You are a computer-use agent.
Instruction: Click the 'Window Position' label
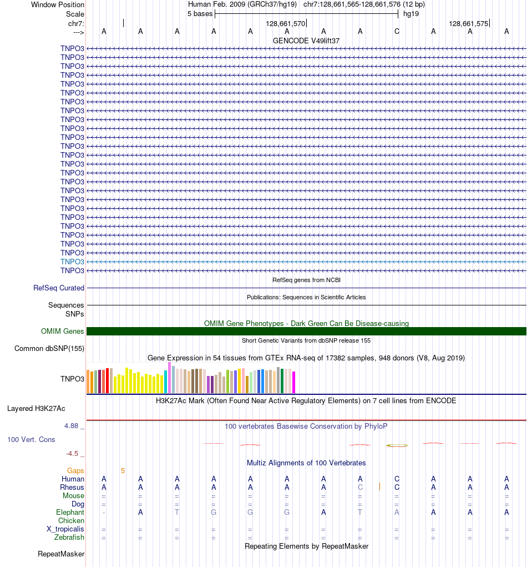(58, 4)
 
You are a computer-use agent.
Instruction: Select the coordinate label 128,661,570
(286, 24)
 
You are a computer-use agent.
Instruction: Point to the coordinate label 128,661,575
(469, 24)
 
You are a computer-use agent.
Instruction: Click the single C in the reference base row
(397, 31)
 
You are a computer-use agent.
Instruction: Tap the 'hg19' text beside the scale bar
(411, 14)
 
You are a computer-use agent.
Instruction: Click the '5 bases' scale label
(200, 14)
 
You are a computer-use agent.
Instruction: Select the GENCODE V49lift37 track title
(306, 41)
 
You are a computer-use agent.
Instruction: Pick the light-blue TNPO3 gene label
(73, 262)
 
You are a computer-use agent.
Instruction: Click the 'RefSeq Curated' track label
(59, 288)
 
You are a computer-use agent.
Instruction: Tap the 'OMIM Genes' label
(63, 332)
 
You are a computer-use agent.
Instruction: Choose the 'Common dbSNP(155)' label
(49, 349)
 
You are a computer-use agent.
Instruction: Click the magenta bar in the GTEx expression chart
(294, 382)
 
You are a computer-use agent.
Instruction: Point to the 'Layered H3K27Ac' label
(36, 409)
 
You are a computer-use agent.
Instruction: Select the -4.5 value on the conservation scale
(73, 453)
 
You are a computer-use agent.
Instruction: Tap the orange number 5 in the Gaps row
(123, 471)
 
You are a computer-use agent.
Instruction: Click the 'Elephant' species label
(70, 513)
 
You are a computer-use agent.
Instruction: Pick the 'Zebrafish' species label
(69, 538)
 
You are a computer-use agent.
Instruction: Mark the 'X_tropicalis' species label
(65, 529)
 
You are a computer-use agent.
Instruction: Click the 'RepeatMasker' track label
(61, 554)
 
